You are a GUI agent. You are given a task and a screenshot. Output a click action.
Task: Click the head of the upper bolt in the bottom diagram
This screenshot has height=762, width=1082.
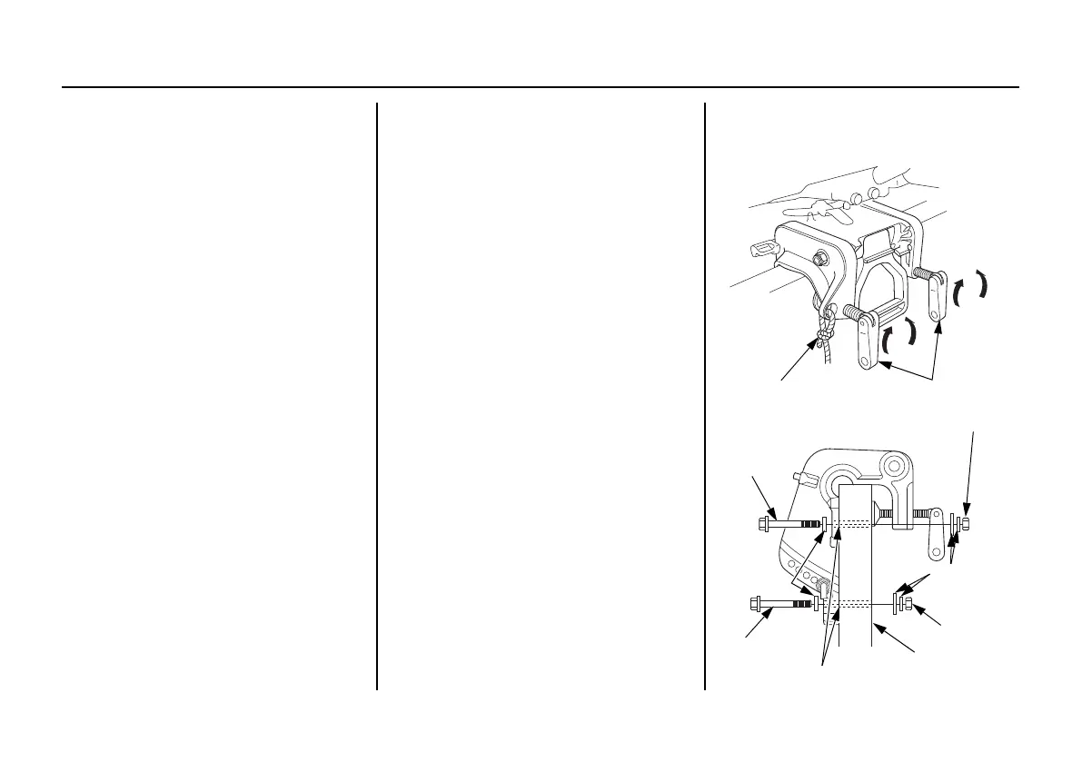point(763,524)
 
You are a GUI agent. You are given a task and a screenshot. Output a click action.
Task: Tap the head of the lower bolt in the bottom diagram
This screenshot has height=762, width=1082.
point(757,602)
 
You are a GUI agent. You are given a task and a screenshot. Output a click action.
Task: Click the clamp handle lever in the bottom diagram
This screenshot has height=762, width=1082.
point(933,544)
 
